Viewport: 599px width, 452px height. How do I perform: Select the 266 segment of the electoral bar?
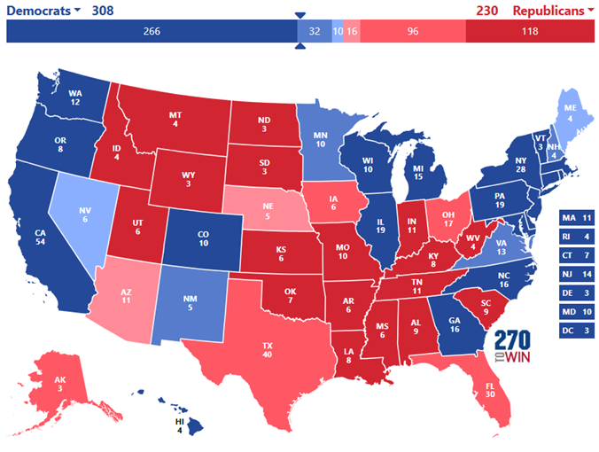(x=151, y=31)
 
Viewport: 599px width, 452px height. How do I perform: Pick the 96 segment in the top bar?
(x=412, y=31)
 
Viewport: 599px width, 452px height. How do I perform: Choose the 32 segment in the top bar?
(x=314, y=31)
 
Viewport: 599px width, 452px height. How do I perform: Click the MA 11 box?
(x=576, y=217)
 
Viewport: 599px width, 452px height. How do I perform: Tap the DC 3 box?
(x=576, y=331)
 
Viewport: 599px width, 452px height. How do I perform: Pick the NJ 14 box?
(x=576, y=274)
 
